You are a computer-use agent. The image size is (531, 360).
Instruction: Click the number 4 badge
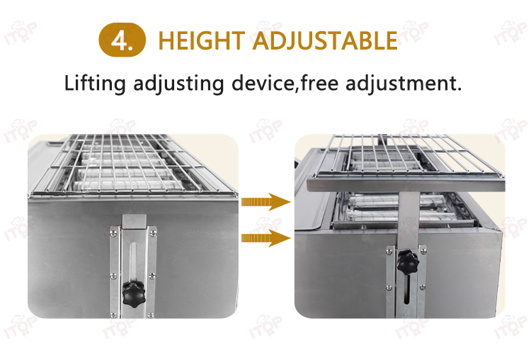click(x=122, y=40)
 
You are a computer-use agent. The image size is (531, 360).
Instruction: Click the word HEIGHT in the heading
click(x=202, y=40)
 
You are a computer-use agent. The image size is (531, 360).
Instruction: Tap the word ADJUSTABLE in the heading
click(x=325, y=40)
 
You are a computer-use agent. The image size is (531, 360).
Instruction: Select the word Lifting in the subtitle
click(x=95, y=84)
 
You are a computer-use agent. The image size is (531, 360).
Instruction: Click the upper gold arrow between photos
click(x=265, y=202)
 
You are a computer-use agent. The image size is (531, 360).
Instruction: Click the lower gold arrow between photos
click(x=265, y=238)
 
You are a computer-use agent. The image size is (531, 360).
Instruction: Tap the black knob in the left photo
click(x=133, y=294)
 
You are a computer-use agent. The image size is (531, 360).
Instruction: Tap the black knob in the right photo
click(x=408, y=262)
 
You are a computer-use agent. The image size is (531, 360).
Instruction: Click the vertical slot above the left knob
click(x=133, y=260)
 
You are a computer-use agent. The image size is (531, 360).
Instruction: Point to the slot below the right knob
click(x=409, y=289)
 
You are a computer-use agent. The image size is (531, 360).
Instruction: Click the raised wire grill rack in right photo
click(x=408, y=156)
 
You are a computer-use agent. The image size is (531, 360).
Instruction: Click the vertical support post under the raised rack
click(x=409, y=220)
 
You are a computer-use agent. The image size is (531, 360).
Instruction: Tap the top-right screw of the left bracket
click(x=152, y=232)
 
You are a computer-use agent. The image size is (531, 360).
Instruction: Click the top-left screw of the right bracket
click(x=389, y=251)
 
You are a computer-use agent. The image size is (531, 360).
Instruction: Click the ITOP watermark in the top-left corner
click(x=21, y=33)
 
